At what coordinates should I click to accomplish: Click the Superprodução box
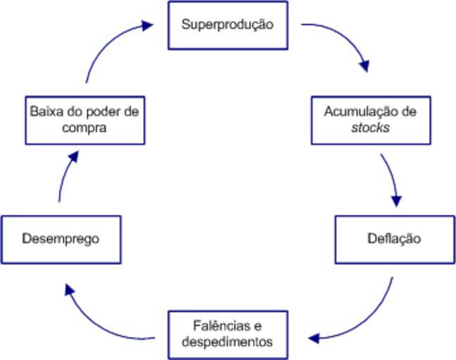(x=228, y=25)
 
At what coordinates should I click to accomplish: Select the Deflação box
(x=394, y=239)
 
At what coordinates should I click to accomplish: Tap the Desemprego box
(x=61, y=239)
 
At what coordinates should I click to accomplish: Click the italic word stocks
(x=370, y=129)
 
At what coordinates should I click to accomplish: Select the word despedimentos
(x=227, y=342)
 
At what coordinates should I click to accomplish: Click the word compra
(x=84, y=129)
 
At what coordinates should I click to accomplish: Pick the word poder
(x=99, y=111)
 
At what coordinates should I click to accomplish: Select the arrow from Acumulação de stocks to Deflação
(x=392, y=176)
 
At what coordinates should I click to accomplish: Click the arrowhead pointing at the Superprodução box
(x=146, y=25)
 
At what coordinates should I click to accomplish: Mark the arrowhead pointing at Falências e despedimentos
(x=315, y=337)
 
